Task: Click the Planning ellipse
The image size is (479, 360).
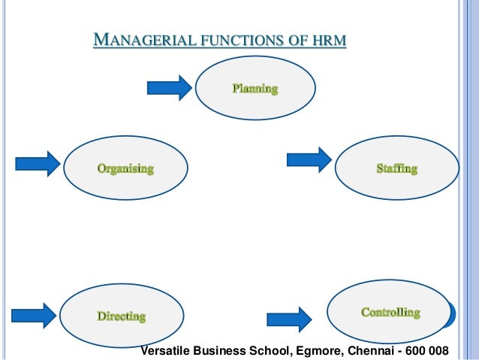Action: (x=255, y=89)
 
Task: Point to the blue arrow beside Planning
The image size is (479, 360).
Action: (x=170, y=88)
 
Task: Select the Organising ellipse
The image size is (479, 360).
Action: (x=125, y=168)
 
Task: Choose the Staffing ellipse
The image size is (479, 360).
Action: (x=396, y=168)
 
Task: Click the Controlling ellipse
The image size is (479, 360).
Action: (x=390, y=311)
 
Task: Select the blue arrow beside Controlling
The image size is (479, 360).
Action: (x=290, y=319)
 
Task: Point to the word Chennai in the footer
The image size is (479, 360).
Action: (x=366, y=351)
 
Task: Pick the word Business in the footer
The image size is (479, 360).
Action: (x=218, y=351)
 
